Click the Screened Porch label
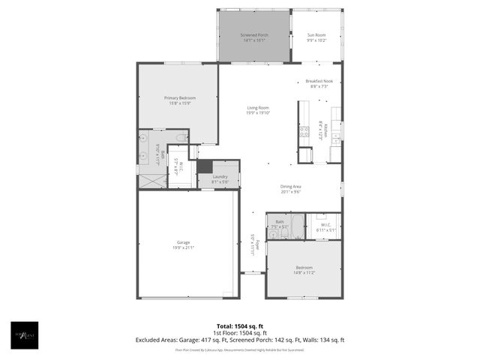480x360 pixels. point(254,35)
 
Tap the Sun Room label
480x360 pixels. point(316,35)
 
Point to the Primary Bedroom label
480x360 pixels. point(178,97)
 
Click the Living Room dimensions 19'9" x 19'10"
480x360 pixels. point(258,113)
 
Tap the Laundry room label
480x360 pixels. point(220,176)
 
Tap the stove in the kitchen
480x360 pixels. point(304,133)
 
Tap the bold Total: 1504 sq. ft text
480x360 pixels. point(239,326)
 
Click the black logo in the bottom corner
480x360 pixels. point(24,335)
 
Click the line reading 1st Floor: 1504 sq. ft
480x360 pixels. point(239,333)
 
